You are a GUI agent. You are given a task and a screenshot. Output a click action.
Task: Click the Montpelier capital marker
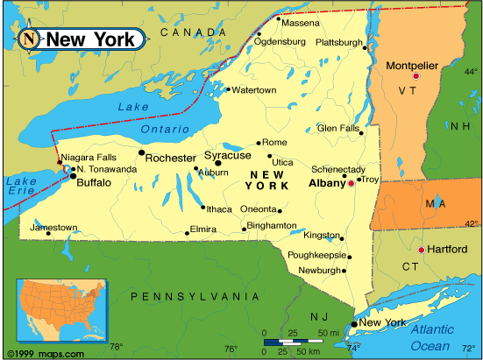[416, 76]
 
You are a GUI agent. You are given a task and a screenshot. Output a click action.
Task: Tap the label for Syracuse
[227, 156]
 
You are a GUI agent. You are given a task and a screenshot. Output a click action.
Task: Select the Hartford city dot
[421, 250]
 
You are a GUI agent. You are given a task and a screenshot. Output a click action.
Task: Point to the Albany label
[327, 184]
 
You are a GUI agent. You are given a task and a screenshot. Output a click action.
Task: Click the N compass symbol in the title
[30, 39]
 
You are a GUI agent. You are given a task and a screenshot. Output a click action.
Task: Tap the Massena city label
[300, 24]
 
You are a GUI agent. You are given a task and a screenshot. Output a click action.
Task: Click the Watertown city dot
[228, 89]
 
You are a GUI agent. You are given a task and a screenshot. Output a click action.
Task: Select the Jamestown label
[53, 227]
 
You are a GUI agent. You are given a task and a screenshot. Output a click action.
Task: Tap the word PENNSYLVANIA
[195, 297]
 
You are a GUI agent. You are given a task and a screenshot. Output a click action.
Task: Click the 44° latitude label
[471, 72]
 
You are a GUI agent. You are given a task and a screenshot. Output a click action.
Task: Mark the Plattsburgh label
[338, 42]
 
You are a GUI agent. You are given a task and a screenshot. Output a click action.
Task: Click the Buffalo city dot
[73, 176]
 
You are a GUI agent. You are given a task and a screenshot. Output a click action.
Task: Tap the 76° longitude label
[230, 349]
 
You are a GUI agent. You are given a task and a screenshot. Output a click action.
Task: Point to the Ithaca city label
[219, 208]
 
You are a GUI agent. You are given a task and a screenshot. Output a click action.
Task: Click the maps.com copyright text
[44, 353]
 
